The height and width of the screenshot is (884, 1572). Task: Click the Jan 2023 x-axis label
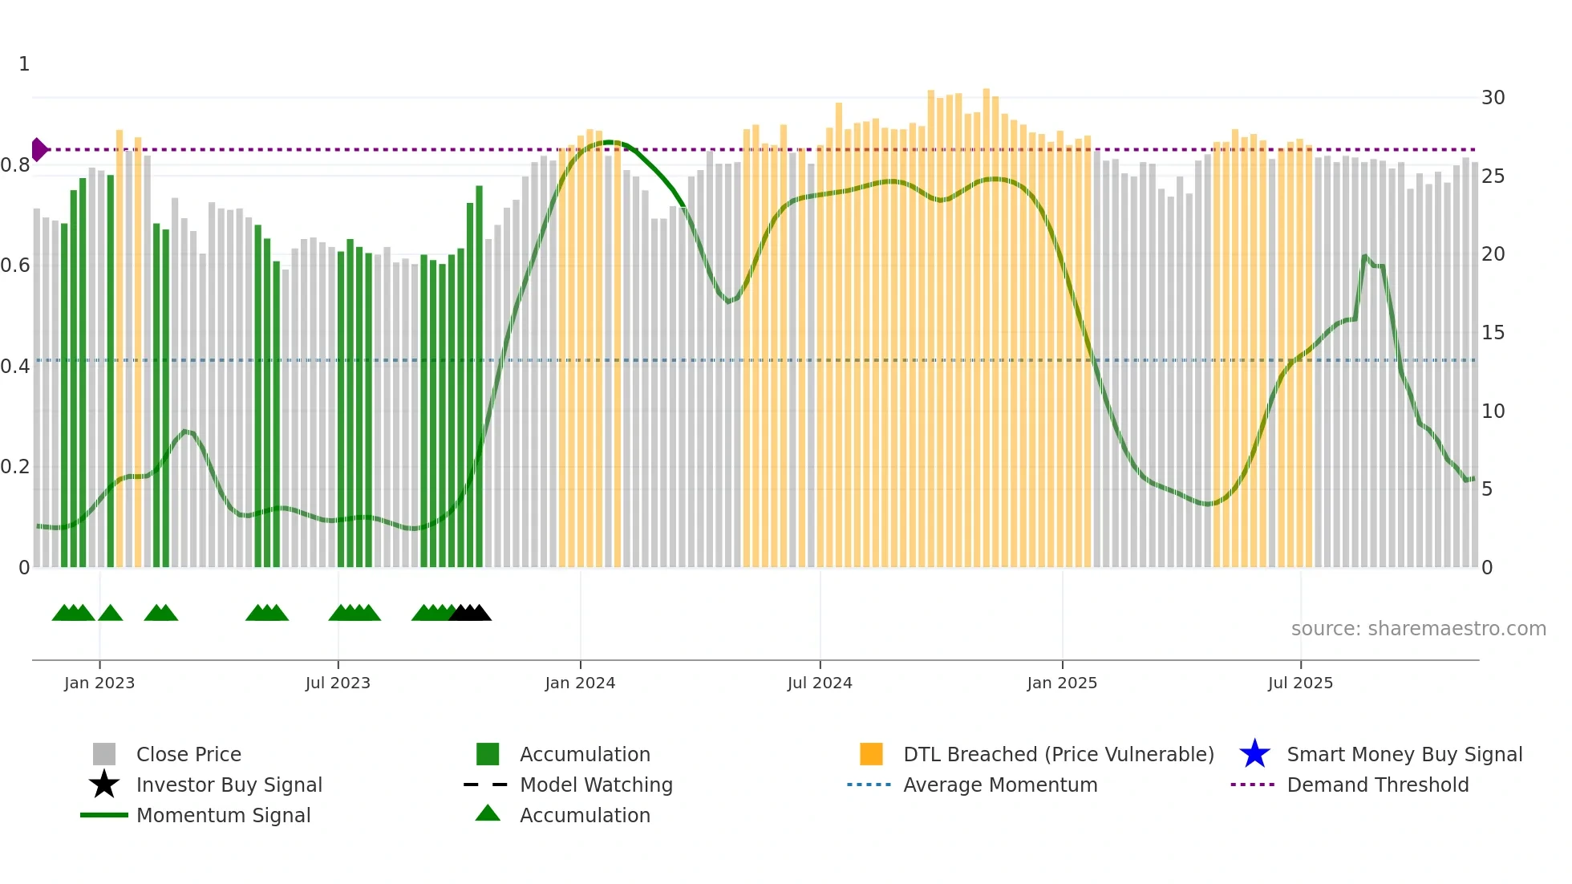99,683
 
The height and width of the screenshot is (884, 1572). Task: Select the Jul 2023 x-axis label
338,683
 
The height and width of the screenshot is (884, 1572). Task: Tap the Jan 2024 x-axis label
580,683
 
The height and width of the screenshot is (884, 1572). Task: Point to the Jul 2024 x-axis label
820,683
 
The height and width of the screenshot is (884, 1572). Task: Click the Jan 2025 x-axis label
1062,683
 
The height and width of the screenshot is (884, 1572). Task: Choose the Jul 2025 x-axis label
1300,683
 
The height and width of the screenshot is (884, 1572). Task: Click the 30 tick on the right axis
1493,98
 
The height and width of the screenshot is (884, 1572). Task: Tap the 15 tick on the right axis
1493,333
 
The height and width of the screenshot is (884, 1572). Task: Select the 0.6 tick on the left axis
15,266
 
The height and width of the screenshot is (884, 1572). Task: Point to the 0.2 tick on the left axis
15,467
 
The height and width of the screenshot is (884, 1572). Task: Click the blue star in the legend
1254,754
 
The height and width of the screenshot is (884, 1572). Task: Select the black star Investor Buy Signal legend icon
104,785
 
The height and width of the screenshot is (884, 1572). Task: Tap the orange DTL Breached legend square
871,754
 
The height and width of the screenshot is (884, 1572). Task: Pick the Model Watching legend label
596,785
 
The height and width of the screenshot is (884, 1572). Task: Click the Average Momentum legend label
1000,785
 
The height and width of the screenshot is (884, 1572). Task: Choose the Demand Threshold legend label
1377,785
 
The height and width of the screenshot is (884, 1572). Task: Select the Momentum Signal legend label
223,815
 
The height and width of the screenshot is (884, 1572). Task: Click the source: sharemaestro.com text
1418,629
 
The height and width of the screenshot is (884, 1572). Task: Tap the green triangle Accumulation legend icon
488,814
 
